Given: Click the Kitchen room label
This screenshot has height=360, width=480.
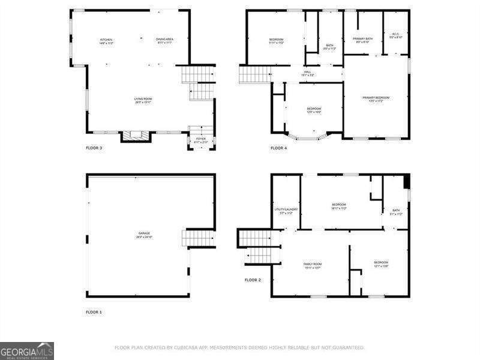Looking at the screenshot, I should point(106,41).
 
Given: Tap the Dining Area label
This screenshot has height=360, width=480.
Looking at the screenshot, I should point(164,41).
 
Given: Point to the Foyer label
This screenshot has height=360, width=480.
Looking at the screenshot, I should point(200,140).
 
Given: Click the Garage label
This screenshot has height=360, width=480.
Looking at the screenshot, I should point(144,235).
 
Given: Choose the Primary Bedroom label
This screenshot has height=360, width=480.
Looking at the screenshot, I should point(376,99).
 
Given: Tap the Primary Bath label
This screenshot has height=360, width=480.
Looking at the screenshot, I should point(362,40).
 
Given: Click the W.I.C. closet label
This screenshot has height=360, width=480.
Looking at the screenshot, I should point(395,35).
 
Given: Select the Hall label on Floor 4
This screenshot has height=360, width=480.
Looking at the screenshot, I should point(307,73).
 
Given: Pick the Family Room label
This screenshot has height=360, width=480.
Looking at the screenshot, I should point(313,265).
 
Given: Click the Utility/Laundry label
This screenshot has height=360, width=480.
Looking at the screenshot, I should point(286,211).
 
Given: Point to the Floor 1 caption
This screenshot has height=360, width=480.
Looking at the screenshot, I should point(94,312).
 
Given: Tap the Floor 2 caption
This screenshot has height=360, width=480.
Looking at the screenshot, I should point(253,280).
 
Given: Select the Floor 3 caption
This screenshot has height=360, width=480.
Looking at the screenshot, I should point(94,148).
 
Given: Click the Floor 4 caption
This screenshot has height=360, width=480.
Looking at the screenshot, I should point(278,148).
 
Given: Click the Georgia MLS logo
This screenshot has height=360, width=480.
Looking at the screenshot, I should point(27,350).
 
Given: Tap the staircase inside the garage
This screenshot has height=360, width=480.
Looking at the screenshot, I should point(198,238).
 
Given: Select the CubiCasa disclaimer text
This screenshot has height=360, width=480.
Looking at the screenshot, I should point(239,347).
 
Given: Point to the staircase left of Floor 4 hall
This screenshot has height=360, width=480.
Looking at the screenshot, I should point(255,74).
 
